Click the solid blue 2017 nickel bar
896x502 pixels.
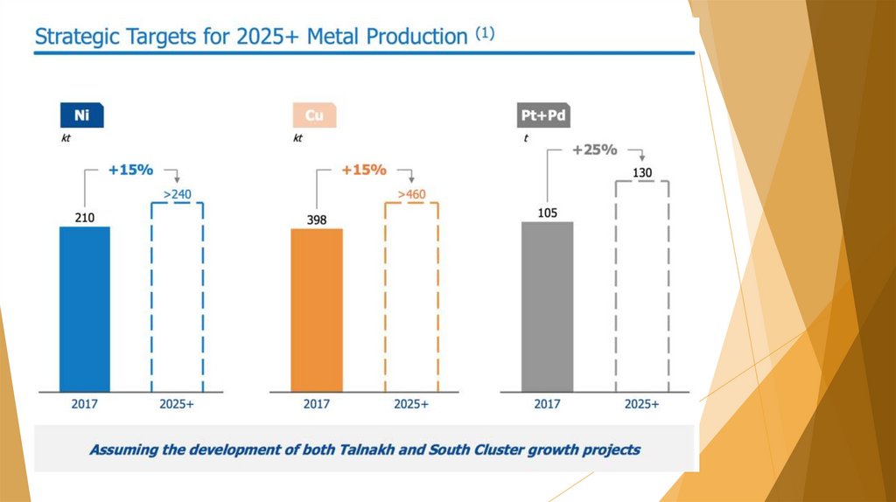pyautogui.click(x=85, y=308)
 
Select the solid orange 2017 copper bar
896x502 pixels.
pyautogui.click(x=317, y=310)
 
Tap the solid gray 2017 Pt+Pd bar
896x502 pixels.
pyautogui.click(x=547, y=306)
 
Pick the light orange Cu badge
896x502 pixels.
pyautogui.click(x=314, y=116)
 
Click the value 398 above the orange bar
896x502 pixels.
pyautogui.click(x=317, y=220)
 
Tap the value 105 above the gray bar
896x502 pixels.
pyautogui.click(x=547, y=212)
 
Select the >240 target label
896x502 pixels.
pyautogui.click(x=178, y=194)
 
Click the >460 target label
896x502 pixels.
pyautogui.click(x=411, y=194)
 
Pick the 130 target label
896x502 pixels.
pyautogui.click(x=642, y=172)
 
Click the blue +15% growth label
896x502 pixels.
pyautogui.click(x=130, y=170)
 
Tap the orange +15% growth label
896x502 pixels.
pyautogui.click(x=363, y=170)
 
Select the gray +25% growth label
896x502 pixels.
pyautogui.click(x=594, y=150)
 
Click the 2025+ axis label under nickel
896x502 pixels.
pyautogui.click(x=178, y=405)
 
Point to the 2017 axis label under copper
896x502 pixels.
pyautogui.click(x=317, y=405)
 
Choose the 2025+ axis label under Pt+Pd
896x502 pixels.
pyautogui.click(x=642, y=404)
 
